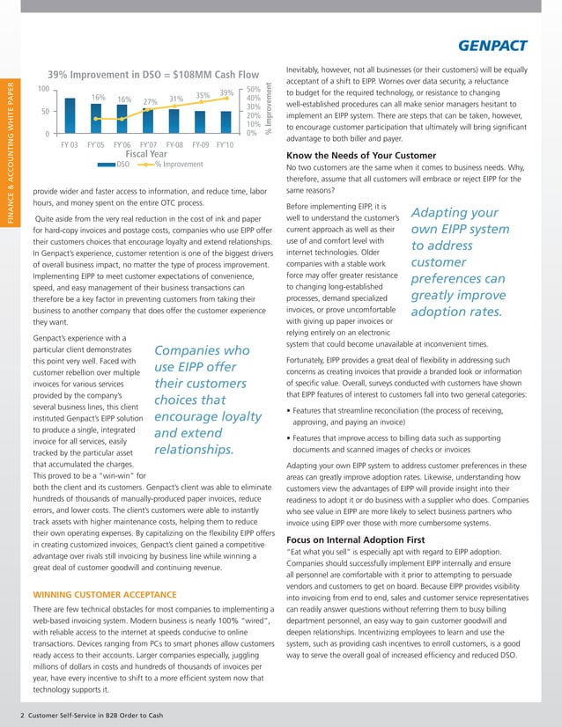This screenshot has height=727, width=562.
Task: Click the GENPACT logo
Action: click(x=505, y=45)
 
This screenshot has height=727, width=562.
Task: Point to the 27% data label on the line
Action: click(x=151, y=101)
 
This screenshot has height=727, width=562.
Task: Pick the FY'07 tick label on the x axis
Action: click(x=148, y=143)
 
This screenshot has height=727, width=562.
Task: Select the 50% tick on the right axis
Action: click(x=254, y=90)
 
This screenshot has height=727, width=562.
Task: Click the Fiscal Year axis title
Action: click(x=148, y=153)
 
